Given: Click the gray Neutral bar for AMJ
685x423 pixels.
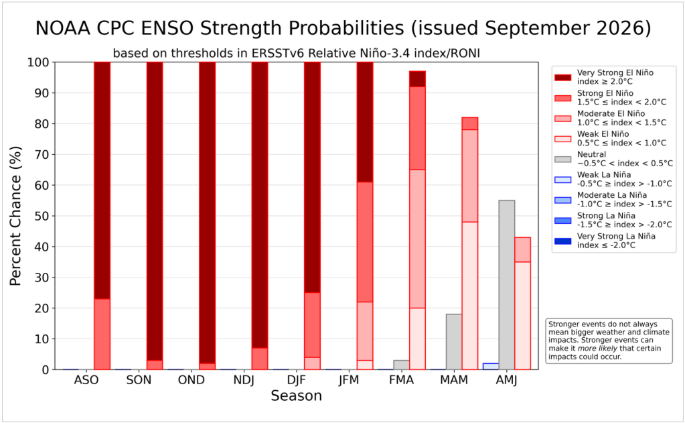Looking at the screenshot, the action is [507, 285].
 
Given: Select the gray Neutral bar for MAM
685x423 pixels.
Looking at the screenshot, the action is [454, 342].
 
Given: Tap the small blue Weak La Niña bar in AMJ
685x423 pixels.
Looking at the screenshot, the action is [491, 367].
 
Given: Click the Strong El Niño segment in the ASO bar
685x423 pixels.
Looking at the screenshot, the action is [102, 335].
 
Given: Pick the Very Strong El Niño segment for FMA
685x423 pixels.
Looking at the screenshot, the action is [417, 78].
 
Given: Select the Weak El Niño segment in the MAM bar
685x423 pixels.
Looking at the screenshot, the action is [470, 296].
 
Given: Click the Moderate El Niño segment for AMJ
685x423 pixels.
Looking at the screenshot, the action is [522, 250].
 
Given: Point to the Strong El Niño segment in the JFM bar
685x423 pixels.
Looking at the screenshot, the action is [365, 242].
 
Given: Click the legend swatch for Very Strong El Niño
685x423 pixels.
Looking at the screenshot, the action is [562, 77].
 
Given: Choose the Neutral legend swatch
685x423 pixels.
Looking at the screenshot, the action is [562, 160].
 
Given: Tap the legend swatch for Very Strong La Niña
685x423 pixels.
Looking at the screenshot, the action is [562, 241].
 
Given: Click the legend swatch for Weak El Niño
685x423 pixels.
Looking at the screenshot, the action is [562, 139].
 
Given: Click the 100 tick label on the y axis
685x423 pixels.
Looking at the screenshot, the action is [38, 62].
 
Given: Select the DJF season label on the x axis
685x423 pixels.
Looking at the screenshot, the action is [296, 379].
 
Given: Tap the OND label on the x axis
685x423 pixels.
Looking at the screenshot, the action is [192, 379].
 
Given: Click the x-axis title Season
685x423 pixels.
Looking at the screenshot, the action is [296, 396].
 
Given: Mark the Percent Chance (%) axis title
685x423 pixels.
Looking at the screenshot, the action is [15, 216].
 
